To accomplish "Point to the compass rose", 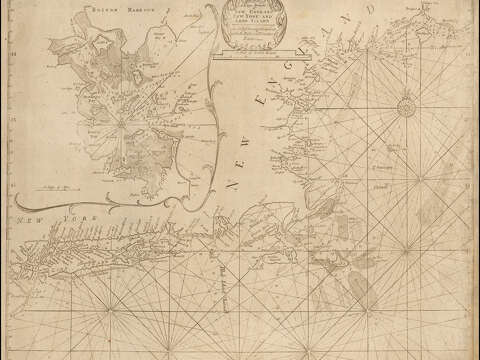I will (406, 107).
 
